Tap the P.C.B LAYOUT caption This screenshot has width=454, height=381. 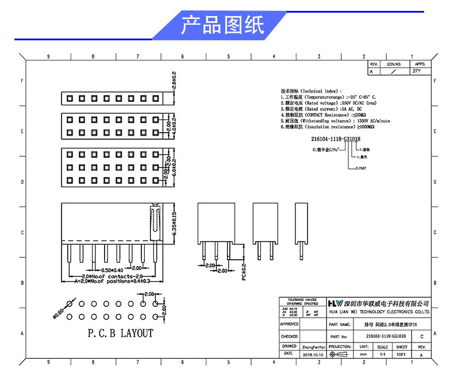(120, 333)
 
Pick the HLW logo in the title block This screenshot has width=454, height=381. (334, 303)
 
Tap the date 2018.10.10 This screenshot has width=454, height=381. (313, 355)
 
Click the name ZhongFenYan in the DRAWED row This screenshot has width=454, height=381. (313, 347)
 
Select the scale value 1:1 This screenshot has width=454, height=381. (382, 355)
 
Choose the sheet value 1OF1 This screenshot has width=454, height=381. (401, 355)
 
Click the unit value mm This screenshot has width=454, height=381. (363, 355)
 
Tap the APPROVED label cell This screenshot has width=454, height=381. (289, 324)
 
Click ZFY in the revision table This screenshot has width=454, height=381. (417, 72)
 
